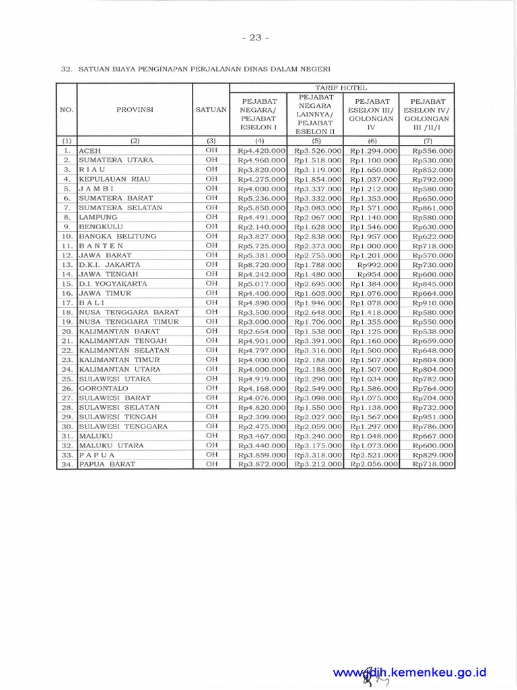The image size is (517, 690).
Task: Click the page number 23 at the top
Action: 258,38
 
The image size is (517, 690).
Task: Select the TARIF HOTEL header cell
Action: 342,88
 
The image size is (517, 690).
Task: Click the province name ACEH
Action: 90,151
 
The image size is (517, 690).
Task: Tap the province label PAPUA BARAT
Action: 107,464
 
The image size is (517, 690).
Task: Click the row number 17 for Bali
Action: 67,303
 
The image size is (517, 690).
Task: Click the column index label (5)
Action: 315,141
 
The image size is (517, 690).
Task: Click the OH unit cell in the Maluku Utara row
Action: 211,445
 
